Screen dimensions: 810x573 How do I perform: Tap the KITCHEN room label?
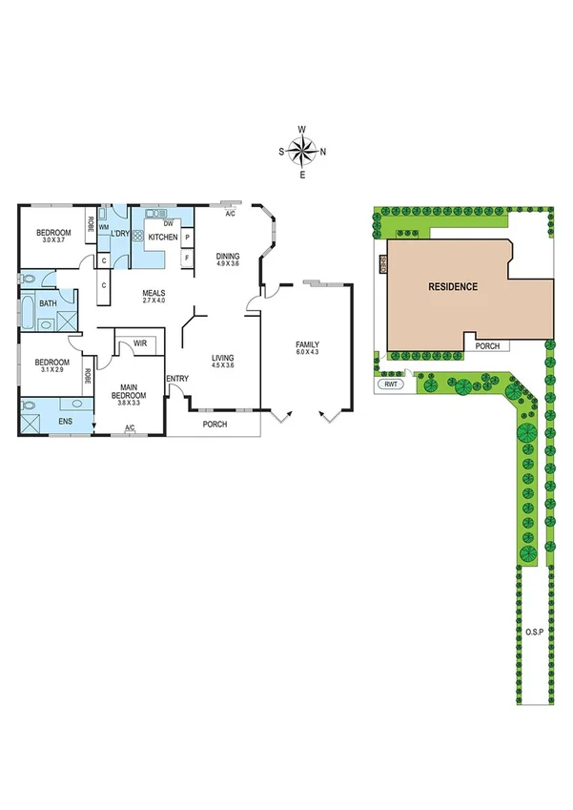click(161, 237)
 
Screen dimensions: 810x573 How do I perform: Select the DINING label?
click(227, 256)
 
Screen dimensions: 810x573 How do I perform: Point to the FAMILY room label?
click(307, 344)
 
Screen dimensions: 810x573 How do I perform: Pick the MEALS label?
click(153, 293)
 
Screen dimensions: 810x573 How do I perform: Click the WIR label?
click(139, 343)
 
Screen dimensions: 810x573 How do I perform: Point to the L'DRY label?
click(120, 234)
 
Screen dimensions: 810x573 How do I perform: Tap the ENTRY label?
click(177, 379)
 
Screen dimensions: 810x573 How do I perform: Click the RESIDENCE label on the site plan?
click(452, 286)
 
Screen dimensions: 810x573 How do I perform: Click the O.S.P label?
click(533, 633)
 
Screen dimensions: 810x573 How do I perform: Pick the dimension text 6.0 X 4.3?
click(307, 354)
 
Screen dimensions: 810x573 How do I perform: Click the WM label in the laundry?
click(103, 227)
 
